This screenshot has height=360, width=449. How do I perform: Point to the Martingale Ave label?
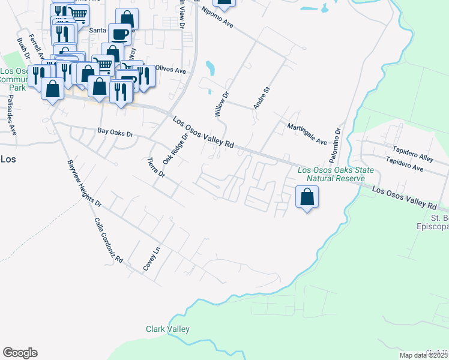point(306,134)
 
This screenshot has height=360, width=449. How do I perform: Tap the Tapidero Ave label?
point(405,165)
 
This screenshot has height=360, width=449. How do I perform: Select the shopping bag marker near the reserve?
point(307,197)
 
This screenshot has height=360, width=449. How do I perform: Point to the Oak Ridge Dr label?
point(175,148)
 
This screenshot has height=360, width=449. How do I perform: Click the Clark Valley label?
point(167,329)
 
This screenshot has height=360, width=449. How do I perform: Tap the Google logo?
point(20,353)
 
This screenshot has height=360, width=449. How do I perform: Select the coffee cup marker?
point(120,34)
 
